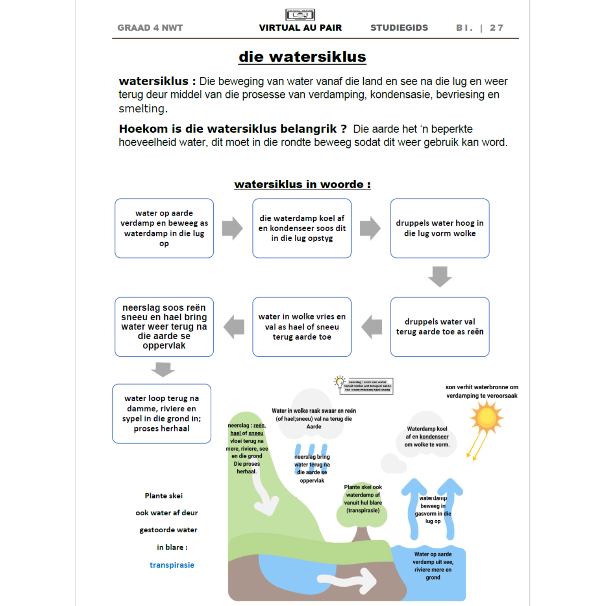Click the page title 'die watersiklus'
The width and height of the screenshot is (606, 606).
302,57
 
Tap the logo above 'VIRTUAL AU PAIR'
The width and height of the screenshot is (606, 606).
300,15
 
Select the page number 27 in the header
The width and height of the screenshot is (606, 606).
496,28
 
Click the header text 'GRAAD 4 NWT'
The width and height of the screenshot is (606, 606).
150,28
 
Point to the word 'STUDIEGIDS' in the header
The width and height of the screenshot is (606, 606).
399,28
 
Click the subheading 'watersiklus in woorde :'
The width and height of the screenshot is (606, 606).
302,185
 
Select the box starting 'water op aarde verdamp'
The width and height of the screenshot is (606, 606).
164,228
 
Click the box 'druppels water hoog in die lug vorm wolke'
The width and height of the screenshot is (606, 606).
440,228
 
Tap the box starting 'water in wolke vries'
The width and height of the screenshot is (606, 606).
302,327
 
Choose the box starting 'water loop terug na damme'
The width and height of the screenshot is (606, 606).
162,414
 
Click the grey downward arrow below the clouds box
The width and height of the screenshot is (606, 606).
440,276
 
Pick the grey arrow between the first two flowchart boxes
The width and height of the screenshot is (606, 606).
232,228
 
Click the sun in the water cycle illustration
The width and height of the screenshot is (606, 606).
487,417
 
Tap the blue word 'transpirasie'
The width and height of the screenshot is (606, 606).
172,565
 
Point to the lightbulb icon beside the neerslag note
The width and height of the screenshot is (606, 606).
340,382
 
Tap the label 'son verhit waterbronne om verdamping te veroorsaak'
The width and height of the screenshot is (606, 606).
482,391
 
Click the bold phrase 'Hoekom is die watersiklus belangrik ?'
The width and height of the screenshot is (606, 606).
233,129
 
